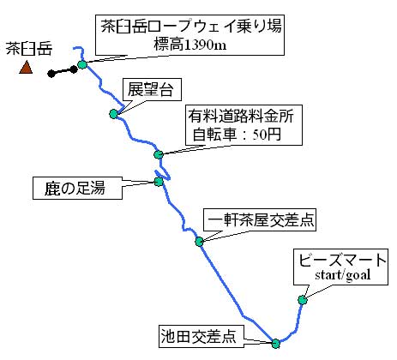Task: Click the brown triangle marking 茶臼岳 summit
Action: (26, 68)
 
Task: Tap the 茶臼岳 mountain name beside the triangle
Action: (29, 49)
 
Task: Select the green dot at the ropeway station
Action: (82, 64)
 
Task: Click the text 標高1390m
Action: (190, 45)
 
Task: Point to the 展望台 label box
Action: (152, 89)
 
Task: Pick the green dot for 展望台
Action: (113, 114)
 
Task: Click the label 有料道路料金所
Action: (241, 117)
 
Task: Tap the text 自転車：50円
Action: (237, 135)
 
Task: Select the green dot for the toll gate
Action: (159, 154)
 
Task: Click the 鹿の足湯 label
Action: (75, 188)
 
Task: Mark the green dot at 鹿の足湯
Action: (159, 182)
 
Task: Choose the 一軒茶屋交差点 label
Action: (260, 219)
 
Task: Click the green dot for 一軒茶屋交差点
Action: (199, 242)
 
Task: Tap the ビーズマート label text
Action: (342, 261)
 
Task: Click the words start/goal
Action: (343, 275)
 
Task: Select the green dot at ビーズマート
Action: (303, 300)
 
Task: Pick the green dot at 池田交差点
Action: (275, 344)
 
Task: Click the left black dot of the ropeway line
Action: (51, 74)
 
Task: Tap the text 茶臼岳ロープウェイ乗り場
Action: (191, 27)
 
